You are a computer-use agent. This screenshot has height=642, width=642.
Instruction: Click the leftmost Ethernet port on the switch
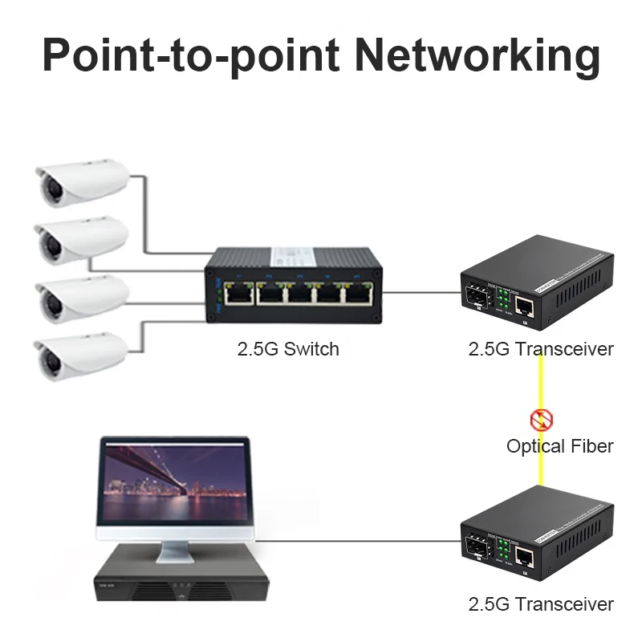click(238, 293)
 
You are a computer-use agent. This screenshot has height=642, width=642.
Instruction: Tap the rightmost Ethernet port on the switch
click(355, 295)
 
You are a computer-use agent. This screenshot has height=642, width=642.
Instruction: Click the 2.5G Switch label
click(288, 349)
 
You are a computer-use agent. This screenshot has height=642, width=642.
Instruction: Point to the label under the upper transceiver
click(541, 349)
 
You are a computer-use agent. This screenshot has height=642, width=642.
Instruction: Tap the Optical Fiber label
click(559, 446)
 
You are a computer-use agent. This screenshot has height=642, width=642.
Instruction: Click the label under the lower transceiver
click(541, 604)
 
